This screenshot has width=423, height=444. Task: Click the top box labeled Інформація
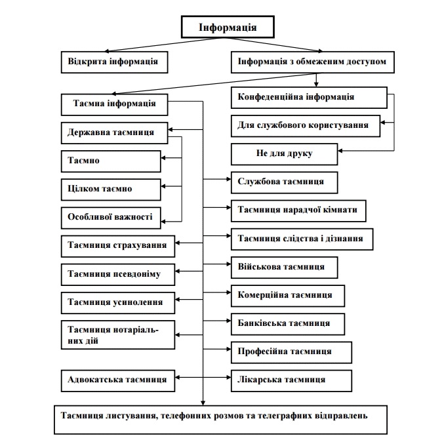coord(227,28)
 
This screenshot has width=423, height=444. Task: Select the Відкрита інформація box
coord(113,62)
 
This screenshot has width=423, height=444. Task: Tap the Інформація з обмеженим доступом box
coord(312,63)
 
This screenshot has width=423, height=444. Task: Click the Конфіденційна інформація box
coord(308,97)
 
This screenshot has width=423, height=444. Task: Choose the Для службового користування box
coord(306,125)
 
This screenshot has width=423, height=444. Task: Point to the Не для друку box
coord(284,154)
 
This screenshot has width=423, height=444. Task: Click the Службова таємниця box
coord(284,182)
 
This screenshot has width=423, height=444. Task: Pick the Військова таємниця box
coord(284,268)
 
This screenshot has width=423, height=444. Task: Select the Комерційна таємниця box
coord(288,296)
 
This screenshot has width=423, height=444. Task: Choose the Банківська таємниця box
coord(288,324)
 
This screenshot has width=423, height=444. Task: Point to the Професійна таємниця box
coord(291,352)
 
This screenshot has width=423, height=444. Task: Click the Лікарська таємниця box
coord(291,380)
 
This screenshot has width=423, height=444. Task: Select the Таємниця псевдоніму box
coord(118,274)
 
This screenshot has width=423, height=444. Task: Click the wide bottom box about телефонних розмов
coord(220,419)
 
